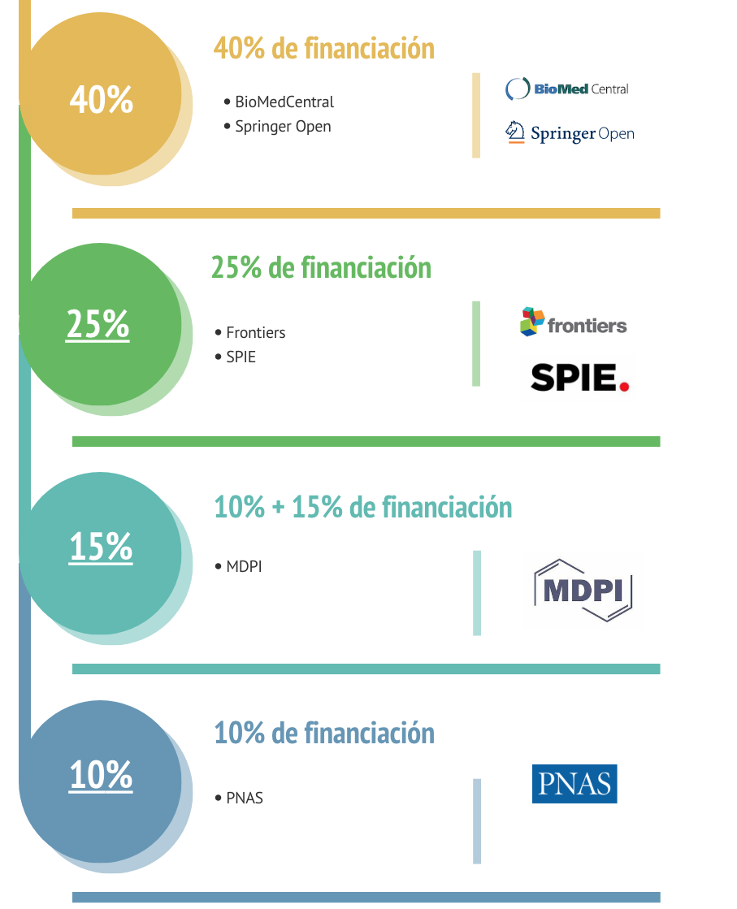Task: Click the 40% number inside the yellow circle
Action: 101,100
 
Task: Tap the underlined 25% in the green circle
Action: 98,325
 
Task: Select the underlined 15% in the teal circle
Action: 101,547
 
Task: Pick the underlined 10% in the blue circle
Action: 101,775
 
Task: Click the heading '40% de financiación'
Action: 323,49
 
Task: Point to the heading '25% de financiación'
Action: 321,267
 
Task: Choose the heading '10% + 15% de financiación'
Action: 362,508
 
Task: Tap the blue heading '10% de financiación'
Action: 323,733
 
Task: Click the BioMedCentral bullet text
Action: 284,102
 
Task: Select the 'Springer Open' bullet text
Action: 283,127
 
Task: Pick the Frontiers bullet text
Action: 255,333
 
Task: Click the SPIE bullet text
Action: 241,357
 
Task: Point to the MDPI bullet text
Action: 244,567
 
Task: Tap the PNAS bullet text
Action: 245,799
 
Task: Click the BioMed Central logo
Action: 567,89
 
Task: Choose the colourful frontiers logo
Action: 574,322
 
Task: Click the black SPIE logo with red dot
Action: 579,377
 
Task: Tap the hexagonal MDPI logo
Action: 583,591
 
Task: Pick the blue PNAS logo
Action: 574,784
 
